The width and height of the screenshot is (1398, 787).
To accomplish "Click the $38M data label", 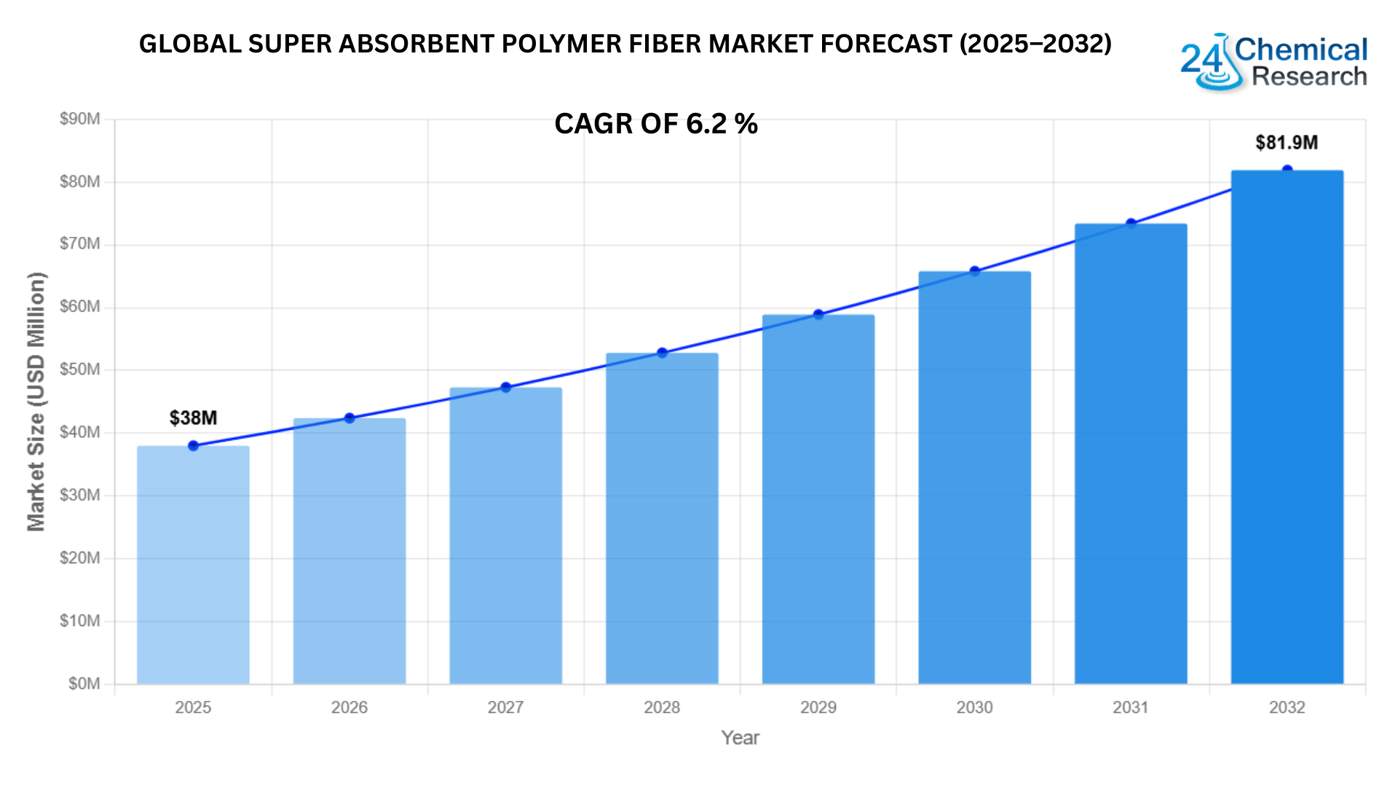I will click(193, 418).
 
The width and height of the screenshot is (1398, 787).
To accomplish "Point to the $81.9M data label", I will click(1287, 143).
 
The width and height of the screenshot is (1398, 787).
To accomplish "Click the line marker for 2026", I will click(349, 418).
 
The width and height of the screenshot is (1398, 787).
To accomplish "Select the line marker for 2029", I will click(818, 315).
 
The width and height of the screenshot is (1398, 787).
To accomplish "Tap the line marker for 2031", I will click(1131, 224).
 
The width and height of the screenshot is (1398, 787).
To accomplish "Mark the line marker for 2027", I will click(506, 388).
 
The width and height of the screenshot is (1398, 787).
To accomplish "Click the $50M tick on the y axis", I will click(80, 369).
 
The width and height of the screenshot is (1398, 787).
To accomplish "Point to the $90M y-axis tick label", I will click(80, 119).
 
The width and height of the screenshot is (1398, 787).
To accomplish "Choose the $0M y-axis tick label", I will click(84, 684).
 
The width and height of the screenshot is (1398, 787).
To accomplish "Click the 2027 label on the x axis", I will click(505, 708).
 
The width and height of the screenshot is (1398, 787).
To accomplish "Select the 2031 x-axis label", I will click(1130, 708).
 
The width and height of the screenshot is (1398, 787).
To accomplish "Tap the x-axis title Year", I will click(740, 738).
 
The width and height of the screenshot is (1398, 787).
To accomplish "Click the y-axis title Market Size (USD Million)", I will click(36, 402).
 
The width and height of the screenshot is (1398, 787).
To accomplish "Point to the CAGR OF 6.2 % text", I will click(656, 124).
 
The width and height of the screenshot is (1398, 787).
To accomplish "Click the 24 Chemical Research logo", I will click(1273, 63).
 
